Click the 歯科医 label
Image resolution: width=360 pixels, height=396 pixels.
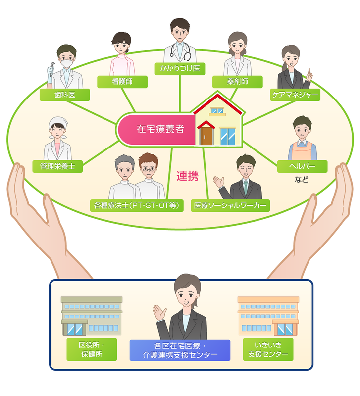coord(64,95)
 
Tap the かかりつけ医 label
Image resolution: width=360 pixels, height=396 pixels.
coord(180,68)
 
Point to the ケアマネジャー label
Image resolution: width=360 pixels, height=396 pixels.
coord(295,95)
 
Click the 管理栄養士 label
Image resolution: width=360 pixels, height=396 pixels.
coord(57,166)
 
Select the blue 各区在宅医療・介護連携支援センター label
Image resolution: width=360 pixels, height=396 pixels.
coord(180,350)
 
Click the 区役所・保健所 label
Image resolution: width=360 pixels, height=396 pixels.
coord(92,349)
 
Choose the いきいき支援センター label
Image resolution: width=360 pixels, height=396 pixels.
coord(268,349)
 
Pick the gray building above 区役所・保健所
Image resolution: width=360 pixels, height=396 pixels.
coord(92,316)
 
